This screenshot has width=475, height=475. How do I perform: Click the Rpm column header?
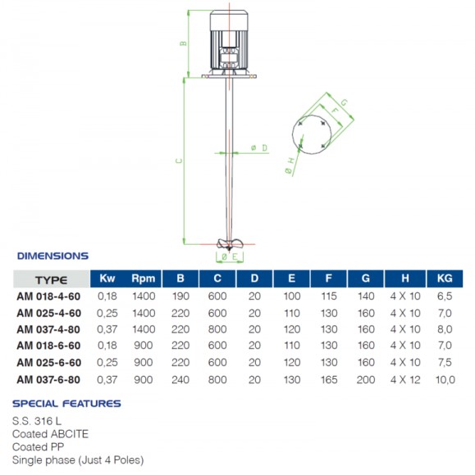(x=143, y=278)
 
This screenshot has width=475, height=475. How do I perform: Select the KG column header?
(x=443, y=278)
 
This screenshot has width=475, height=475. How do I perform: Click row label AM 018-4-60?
(x=49, y=297)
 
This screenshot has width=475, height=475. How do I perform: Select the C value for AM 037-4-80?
(x=217, y=329)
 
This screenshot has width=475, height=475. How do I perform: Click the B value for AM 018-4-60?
(x=180, y=297)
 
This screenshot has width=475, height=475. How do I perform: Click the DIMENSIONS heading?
(x=53, y=256)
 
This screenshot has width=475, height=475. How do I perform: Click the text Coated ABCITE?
(x=50, y=434)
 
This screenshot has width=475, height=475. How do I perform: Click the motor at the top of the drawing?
(x=231, y=41)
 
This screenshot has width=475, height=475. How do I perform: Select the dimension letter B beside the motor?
(x=184, y=43)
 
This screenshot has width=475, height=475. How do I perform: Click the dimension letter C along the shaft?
(x=178, y=161)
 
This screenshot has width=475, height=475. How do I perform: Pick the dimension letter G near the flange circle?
(x=344, y=102)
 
